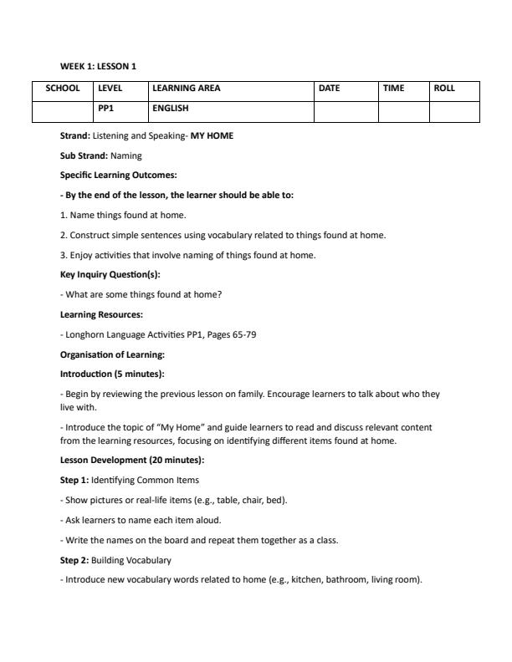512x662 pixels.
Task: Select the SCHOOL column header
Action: point(63,88)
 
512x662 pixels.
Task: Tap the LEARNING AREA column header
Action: point(187,88)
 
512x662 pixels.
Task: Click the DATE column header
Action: point(330,88)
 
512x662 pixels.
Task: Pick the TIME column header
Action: point(394,88)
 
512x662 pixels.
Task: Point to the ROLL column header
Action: point(444,88)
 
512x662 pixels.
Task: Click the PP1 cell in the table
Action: point(106,108)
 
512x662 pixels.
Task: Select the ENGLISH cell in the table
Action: point(171,108)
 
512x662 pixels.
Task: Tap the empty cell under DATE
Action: point(346,111)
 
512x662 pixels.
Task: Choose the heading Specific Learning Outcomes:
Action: point(118,175)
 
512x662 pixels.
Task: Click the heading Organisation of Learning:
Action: point(112,354)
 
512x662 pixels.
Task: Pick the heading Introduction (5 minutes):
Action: point(112,374)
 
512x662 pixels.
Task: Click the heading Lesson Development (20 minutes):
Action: point(132,460)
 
